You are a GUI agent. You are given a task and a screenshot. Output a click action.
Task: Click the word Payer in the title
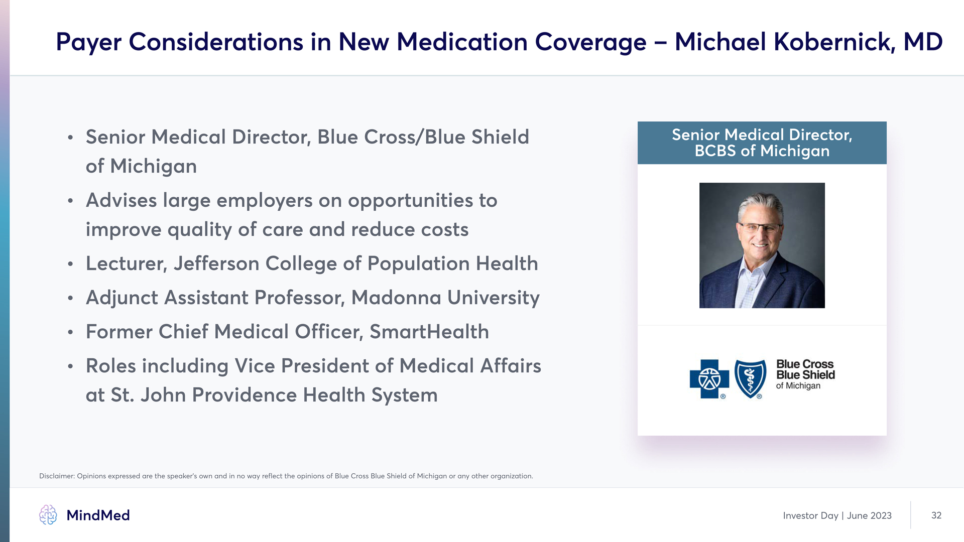point(88,43)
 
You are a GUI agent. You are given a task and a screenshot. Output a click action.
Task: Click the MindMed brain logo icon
point(48,515)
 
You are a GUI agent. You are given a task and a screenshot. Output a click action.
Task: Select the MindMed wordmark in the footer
point(98,515)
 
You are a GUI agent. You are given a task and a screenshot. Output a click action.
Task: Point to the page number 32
point(936,515)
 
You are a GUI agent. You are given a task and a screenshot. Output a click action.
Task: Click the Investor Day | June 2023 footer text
point(837,516)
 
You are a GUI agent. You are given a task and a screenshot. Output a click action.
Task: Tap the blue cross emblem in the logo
point(709,379)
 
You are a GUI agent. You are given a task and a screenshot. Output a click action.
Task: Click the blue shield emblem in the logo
point(750,379)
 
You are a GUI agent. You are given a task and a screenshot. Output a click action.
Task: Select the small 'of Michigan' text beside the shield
point(798,386)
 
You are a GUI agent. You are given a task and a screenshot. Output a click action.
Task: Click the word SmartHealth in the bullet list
point(429,332)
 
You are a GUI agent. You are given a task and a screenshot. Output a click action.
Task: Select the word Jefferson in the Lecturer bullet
point(216,263)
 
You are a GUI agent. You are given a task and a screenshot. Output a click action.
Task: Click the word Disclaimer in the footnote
point(57,476)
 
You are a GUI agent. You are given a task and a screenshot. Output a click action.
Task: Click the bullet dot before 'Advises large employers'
point(70,201)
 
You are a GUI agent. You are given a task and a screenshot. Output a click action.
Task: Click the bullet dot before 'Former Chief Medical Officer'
point(70,333)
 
